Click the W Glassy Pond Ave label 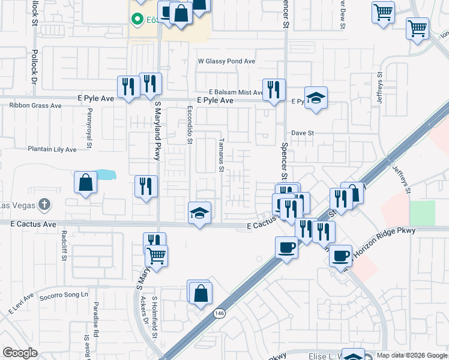226,61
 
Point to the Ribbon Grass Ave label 35,106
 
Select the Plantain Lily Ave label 52,149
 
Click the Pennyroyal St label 89,136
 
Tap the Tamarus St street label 221,156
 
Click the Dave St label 303,133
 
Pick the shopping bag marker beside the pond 86,182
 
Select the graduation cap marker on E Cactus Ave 200,213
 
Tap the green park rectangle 423,213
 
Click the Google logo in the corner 20,353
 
